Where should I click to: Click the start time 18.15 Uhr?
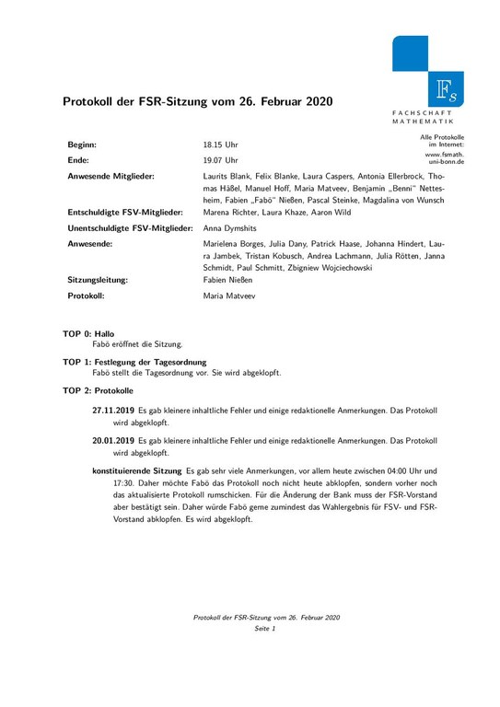(x=220, y=145)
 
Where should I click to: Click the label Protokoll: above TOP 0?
(x=87, y=297)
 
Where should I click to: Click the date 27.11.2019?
(x=113, y=411)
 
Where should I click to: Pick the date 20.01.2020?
(x=113, y=440)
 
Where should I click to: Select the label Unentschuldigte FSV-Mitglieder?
(x=130, y=226)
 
